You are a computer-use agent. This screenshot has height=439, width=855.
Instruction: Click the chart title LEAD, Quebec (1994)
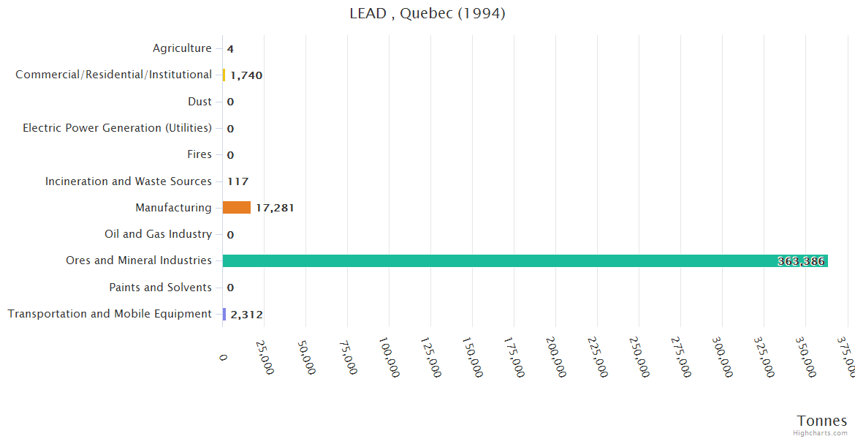427,13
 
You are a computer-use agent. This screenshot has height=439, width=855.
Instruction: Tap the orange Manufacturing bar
236,208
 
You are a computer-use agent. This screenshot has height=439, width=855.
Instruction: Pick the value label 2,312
246,315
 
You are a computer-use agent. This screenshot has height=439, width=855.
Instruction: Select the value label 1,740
246,75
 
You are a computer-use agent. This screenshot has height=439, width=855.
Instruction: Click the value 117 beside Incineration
237,181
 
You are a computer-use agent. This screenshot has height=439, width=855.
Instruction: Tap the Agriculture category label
182,48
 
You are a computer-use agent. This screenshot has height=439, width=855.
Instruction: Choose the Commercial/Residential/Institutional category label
113,75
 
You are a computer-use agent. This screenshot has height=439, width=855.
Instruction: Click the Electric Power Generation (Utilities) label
117,128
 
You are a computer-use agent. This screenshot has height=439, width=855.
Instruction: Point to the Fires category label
199,154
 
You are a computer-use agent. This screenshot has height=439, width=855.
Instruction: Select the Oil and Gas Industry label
158,234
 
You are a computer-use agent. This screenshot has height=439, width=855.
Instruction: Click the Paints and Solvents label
160,288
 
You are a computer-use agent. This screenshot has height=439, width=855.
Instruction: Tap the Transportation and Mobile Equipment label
110,314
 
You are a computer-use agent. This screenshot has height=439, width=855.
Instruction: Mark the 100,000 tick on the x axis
389,356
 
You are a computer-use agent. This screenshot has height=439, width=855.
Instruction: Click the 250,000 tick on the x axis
639,356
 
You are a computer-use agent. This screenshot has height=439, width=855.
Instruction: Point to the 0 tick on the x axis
223,356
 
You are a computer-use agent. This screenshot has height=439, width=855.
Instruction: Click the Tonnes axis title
821,421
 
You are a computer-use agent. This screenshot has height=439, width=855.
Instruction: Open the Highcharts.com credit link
820,433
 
